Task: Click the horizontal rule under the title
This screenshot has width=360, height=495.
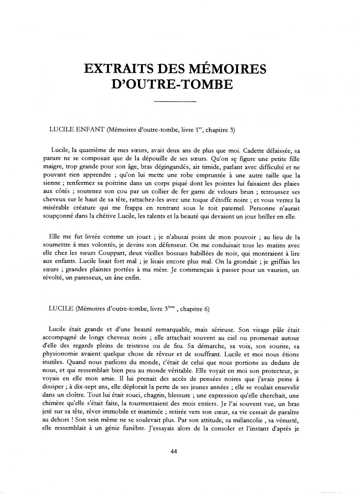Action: [175, 102]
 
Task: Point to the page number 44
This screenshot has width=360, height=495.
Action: [174, 451]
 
